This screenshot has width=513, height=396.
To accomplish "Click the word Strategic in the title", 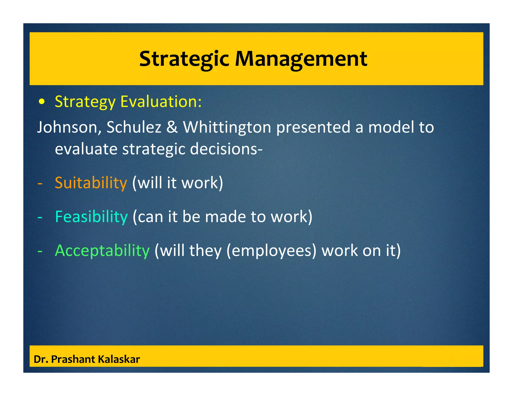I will tap(184, 59).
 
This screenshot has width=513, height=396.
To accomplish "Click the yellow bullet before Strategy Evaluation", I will tap(42, 102).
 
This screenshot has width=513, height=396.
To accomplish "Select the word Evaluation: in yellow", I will tap(161, 102).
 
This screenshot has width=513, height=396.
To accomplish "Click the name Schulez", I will tap(134, 127).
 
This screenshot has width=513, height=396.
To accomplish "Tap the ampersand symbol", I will tap(172, 127).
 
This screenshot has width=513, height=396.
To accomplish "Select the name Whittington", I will tap(227, 127).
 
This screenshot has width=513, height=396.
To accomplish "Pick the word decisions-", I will tap(226, 149).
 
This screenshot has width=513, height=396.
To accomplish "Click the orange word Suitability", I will tap(91, 183).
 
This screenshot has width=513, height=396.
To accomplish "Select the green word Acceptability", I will tap(102, 251).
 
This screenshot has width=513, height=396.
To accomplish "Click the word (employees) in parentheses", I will tap(272, 251).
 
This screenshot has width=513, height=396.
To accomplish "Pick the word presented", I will tap(313, 127).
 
